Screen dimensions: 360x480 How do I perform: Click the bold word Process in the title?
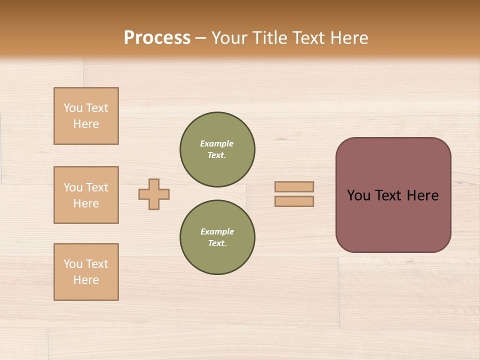pos(157,37)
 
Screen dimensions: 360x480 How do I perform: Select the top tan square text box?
pos(86,116)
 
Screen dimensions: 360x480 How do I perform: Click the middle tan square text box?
pos(86,195)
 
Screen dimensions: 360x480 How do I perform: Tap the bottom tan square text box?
pos(86,272)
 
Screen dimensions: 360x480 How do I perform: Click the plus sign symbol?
pos(154,194)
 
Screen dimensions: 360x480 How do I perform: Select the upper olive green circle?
pos(217,149)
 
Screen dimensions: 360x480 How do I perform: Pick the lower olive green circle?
pos(217,237)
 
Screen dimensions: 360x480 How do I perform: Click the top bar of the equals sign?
pos(294,186)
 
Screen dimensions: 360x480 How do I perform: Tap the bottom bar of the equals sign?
pos(294,201)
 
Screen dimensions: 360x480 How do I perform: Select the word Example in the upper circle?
pos(217,143)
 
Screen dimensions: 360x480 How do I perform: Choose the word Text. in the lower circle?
pos(217,243)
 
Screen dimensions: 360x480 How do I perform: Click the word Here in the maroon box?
pos(422,195)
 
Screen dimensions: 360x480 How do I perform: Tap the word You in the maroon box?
pos(358,195)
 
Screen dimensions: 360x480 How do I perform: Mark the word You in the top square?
pos(73,108)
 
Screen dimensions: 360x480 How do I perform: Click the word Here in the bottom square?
pos(86,280)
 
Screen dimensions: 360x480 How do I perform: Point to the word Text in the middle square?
pos(97,187)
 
